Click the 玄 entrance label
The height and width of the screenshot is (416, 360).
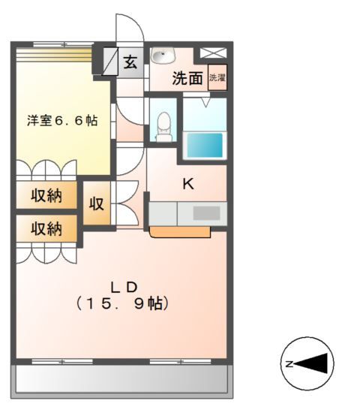pyautogui.click(x=131, y=62)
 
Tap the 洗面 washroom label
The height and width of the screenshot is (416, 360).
pyautogui.click(x=187, y=77)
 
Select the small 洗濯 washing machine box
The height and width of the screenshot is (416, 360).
pyautogui.click(x=217, y=77)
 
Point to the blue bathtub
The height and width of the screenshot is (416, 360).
pyautogui.click(x=203, y=145)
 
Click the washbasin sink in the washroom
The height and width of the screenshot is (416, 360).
pyautogui.click(x=162, y=56)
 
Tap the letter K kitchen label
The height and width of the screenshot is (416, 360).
pyautogui.click(x=189, y=182)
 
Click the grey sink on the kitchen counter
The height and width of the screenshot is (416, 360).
pyautogui.click(x=206, y=213)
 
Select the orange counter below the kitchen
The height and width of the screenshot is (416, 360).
pyautogui.click(x=180, y=232)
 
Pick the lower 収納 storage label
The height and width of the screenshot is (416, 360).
pyautogui.click(x=46, y=229)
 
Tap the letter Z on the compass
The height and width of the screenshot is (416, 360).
pyautogui.click(x=289, y=364)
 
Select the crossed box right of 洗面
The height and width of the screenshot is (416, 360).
pyautogui.click(x=211, y=54)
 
